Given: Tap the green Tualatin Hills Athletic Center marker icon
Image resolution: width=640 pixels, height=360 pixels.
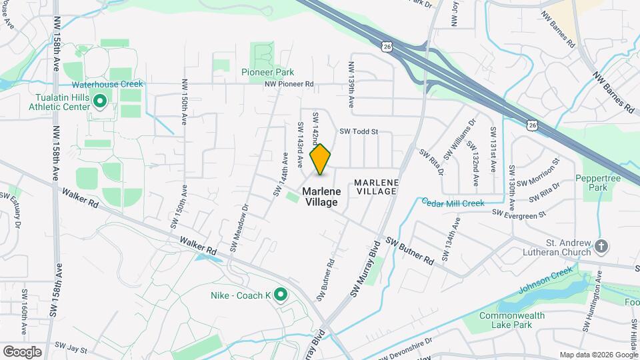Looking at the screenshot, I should point(100,101).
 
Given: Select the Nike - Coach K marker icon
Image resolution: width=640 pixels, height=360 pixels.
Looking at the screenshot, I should point(281,294).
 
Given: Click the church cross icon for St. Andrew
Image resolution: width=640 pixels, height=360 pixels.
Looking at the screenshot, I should point(601,247).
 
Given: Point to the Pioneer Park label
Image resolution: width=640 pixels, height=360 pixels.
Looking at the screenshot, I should point(267,71).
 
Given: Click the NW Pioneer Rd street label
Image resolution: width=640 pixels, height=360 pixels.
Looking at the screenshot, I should point(289,85).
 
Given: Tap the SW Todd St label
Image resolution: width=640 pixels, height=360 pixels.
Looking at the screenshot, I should point(359,132).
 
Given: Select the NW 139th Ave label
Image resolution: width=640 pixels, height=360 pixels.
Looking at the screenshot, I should point(351,85).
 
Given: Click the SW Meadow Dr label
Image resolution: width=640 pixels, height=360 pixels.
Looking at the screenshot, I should point(239,227).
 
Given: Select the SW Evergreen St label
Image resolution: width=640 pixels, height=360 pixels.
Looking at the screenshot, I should point(519,213).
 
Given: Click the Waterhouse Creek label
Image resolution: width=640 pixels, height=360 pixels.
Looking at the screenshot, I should point(99,85).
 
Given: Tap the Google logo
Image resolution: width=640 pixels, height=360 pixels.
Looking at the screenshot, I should point(21,352).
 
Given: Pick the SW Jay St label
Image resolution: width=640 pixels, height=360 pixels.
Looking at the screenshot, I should point(71,348).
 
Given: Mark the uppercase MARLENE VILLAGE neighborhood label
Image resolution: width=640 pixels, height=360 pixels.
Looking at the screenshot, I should point(376,187).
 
